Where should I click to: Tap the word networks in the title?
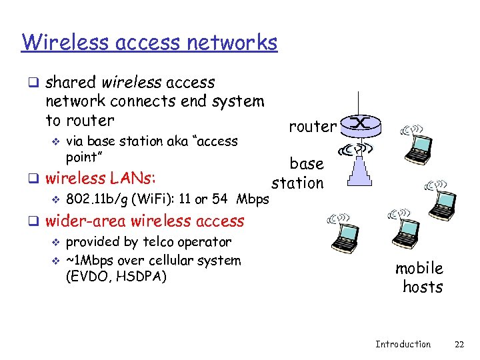click(231, 42)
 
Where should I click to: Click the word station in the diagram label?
click(297, 183)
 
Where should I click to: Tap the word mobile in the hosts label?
click(419, 268)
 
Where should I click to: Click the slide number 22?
click(459, 344)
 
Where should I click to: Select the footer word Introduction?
click(403, 344)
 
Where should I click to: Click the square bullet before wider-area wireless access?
click(32, 221)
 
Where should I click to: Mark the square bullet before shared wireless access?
click(32, 83)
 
